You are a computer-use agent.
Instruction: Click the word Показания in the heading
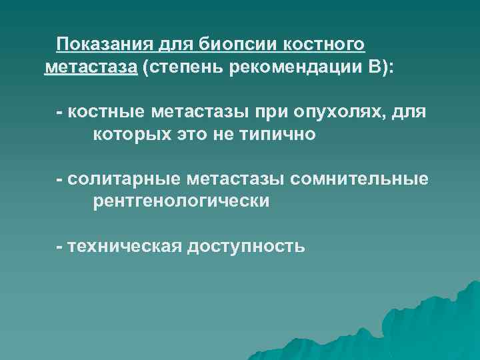[103, 45]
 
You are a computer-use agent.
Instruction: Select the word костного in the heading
[325, 45]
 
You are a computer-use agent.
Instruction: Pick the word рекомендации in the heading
[291, 68]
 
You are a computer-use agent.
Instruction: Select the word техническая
[124, 246]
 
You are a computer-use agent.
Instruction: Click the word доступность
[247, 246]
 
